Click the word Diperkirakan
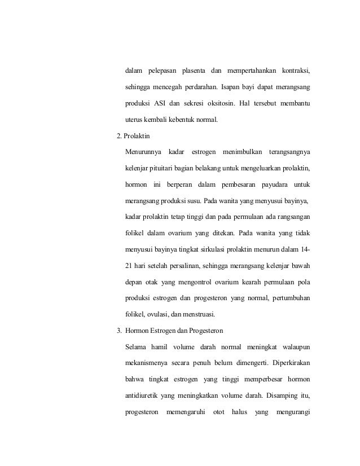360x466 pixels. click(x=284, y=363)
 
